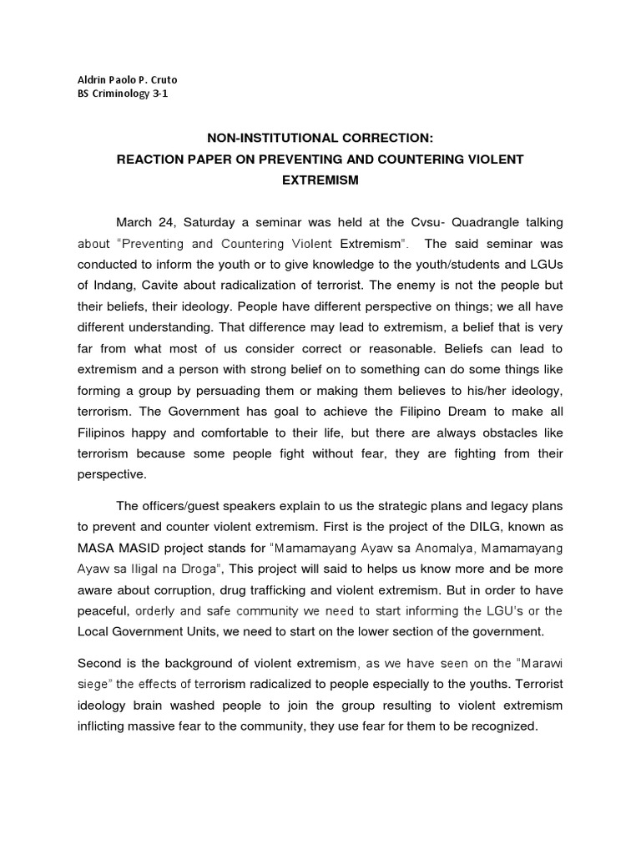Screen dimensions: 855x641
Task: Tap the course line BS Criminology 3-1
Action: (122, 94)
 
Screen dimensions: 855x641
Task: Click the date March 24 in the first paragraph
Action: (143, 223)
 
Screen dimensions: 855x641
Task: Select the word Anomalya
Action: (443, 549)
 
